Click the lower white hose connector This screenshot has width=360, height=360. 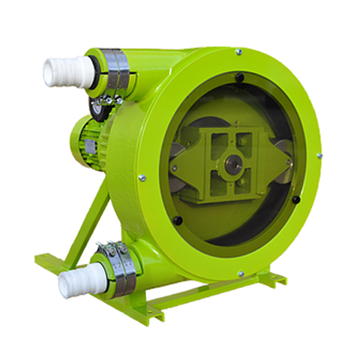click(x=73, y=283)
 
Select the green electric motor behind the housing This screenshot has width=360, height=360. click(x=88, y=139)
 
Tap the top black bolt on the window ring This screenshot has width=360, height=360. click(x=239, y=76)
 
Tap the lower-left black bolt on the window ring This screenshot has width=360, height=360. click(x=178, y=220)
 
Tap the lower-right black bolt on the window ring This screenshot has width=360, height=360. click(x=295, y=199)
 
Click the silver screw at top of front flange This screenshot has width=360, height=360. click(x=238, y=52)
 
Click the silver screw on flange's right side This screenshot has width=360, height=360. click(x=319, y=156)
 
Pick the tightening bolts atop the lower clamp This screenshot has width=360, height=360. click(x=111, y=247)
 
